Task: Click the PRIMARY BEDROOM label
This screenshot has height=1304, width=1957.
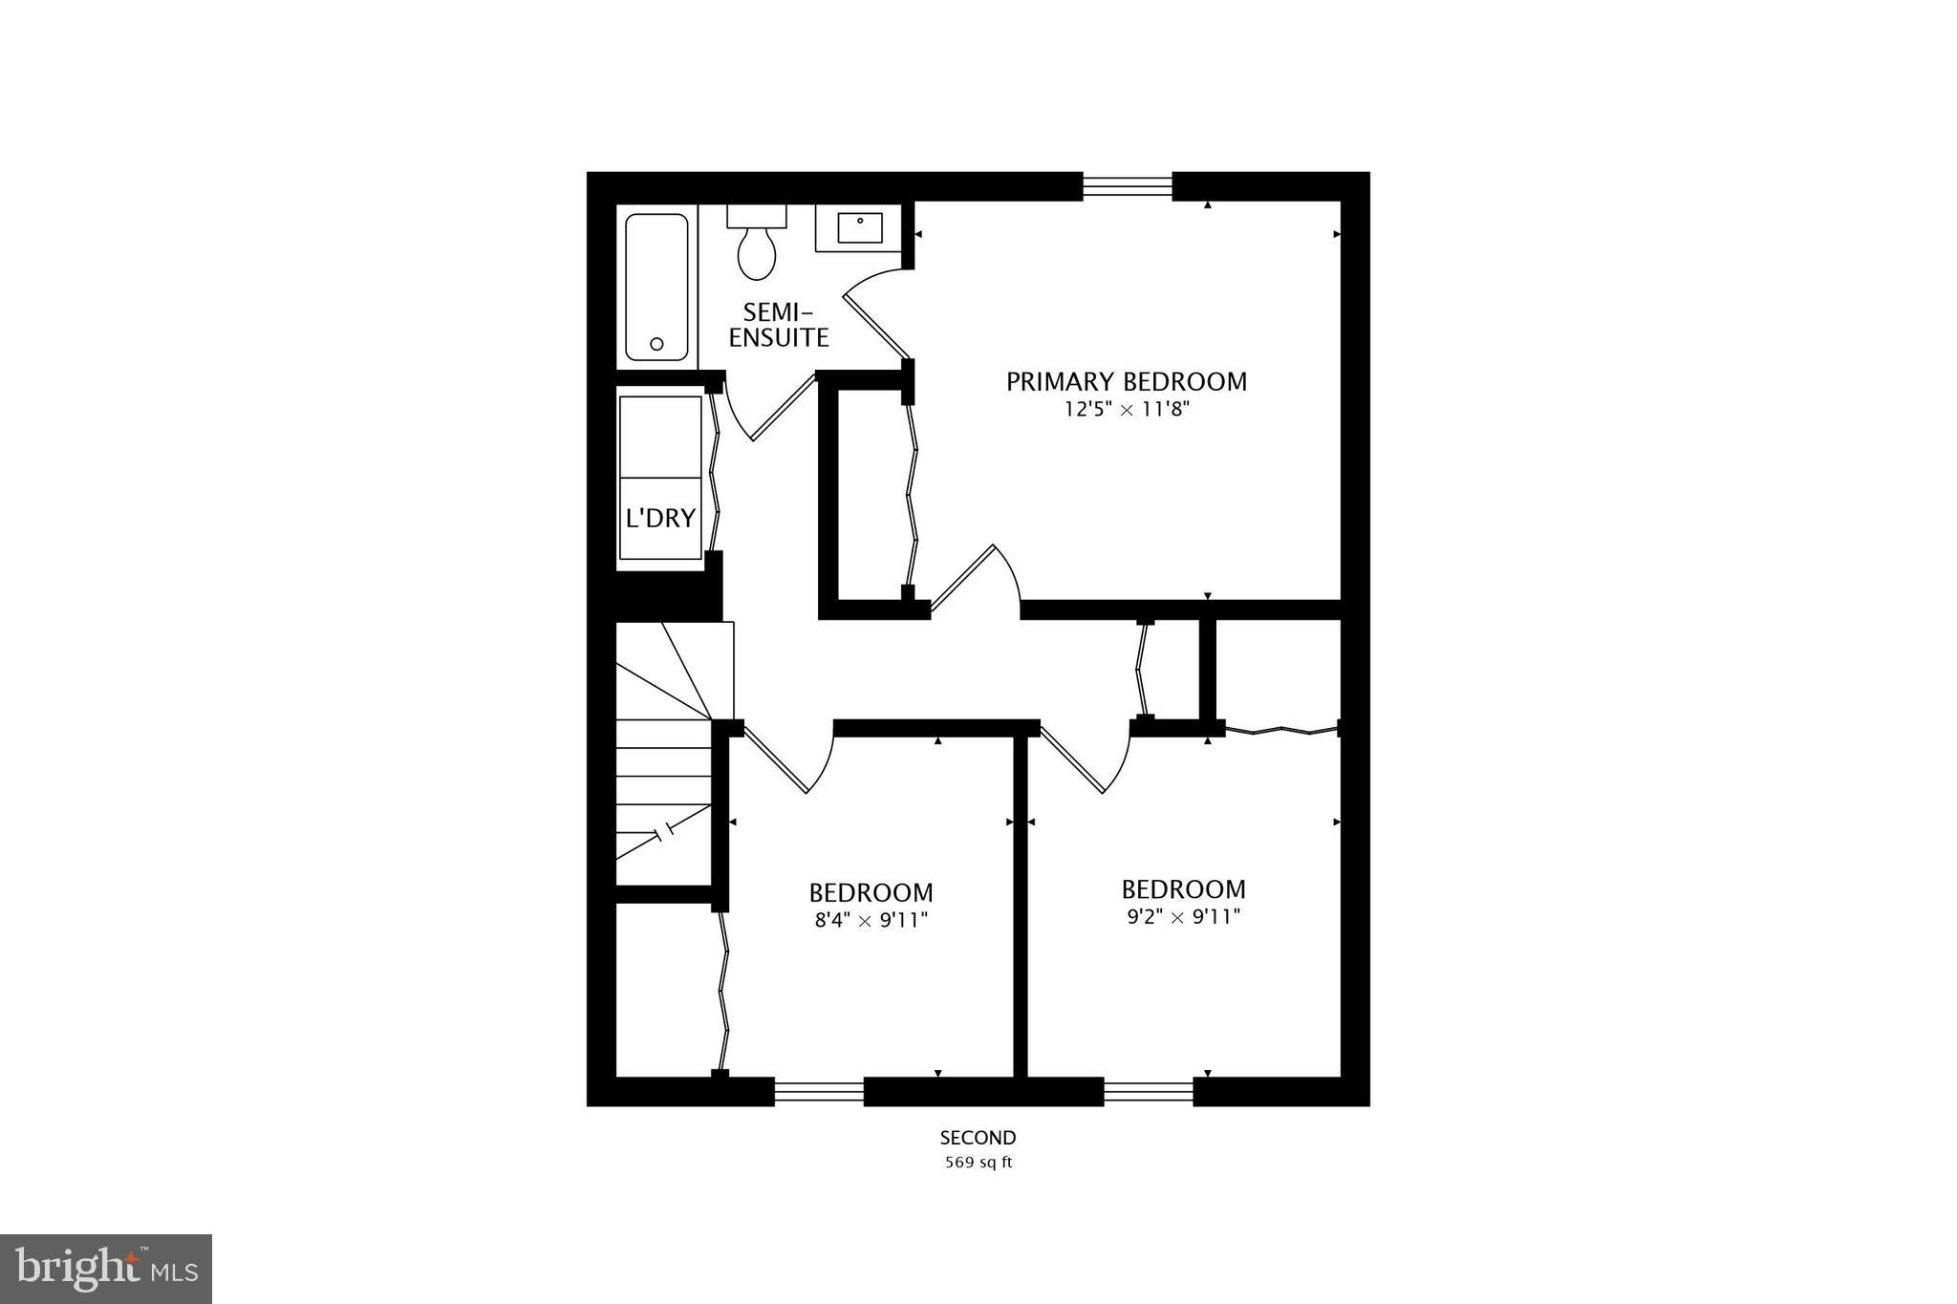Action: coord(1126,382)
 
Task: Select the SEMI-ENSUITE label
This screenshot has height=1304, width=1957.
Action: coord(779,325)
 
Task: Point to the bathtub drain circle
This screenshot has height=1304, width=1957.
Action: coord(656,344)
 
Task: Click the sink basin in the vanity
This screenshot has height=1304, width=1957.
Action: coord(860,227)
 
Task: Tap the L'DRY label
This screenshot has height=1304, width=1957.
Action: coord(660,518)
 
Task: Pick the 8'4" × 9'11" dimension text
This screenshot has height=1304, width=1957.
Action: coord(870,921)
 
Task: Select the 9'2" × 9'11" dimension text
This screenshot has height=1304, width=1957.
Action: coord(1183,918)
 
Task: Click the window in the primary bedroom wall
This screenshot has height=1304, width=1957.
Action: coord(1128,185)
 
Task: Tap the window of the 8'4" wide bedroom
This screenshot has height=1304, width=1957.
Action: coord(819,1091)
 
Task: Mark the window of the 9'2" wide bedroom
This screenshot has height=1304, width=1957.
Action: coord(1149,1091)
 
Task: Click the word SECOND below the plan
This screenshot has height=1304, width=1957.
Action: coord(978,1138)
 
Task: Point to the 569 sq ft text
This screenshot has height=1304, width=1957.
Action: coord(978,1164)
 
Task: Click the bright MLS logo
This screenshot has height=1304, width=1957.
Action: coord(106,1269)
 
